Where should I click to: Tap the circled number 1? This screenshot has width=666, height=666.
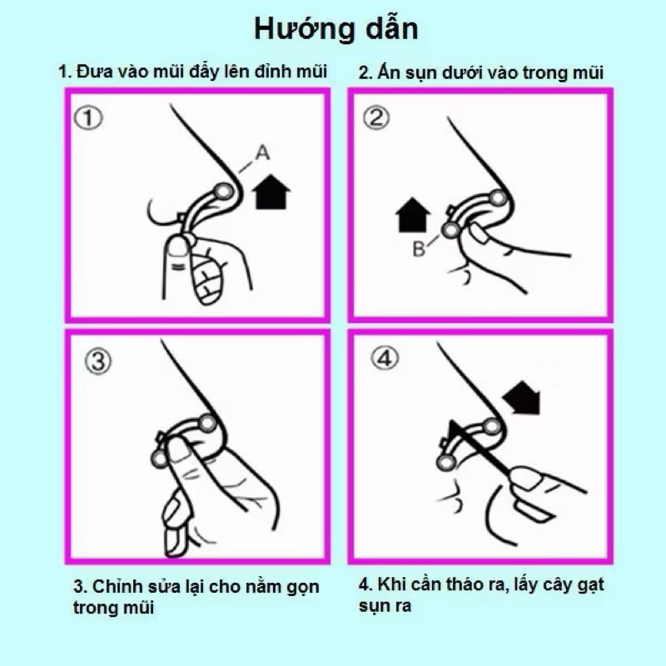(88, 117)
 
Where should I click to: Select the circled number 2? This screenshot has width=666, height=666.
(376, 117)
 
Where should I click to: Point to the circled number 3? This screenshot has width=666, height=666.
(98, 362)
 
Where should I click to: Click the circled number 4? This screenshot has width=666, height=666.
(385, 358)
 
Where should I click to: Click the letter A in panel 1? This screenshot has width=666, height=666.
(262, 152)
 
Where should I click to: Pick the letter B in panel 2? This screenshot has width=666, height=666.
(419, 249)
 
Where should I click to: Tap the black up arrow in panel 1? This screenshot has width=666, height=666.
(271, 191)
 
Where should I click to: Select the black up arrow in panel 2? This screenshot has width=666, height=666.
(412, 215)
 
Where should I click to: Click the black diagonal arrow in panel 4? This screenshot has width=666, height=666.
(522, 398)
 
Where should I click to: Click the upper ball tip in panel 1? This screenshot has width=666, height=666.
(223, 192)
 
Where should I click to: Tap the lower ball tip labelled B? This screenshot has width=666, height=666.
(450, 231)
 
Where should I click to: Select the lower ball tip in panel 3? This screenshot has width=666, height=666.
(159, 459)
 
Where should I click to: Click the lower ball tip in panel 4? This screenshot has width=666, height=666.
(446, 463)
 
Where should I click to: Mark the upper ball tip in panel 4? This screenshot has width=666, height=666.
(491, 426)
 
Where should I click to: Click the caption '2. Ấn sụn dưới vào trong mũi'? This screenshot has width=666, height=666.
(481, 72)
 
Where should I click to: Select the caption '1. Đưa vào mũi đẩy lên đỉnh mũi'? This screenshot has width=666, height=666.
(193, 72)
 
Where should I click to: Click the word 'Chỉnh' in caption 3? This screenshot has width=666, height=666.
(117, 586)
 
